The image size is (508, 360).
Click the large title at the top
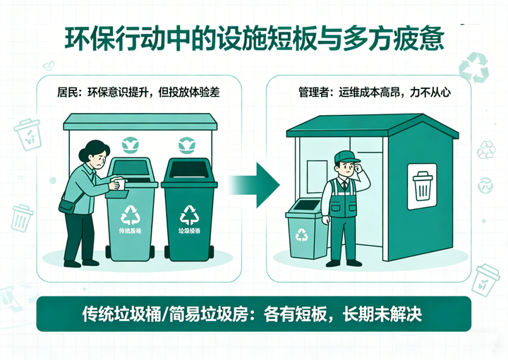click(254, 41)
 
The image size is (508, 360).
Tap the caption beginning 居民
click(133, 92)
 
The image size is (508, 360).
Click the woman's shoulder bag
click(67, 205)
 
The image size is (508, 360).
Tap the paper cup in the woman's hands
click(119, 184)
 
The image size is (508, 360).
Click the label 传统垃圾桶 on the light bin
click(131, 232)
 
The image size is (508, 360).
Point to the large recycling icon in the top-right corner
click(473, 67)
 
